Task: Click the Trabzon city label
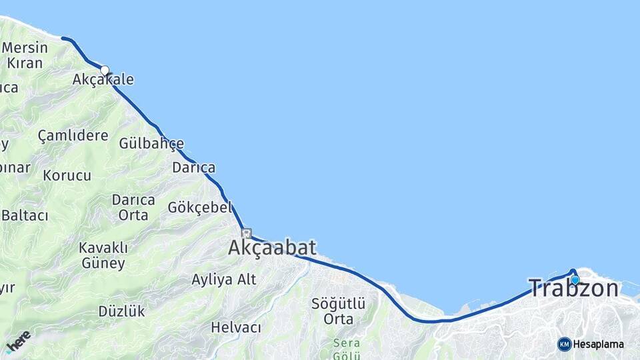click(x=573, y=289)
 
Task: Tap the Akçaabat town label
click(x=272, y=248)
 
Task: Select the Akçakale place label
click(x=103, y=80)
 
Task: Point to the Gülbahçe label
click(x=151, y=143)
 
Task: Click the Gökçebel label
click(x=199, y=207)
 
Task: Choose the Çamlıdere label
click(x=73, y=136)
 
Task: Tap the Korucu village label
click(x=67, y=176)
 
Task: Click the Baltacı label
click(x=25, y=215)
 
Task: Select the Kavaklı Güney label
click(x=103, y=255)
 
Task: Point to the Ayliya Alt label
click(x=223, y=279)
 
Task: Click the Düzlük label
click(x=121, y=311)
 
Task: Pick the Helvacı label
click(x=236, y=327)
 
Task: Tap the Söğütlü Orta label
click(x=338, y=311)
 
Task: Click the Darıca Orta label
click(x=133, y=207)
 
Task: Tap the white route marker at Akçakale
click(x=105, y=70)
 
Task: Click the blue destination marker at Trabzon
click(x=575, y=280)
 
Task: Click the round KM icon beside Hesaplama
click(x=564, y=344)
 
